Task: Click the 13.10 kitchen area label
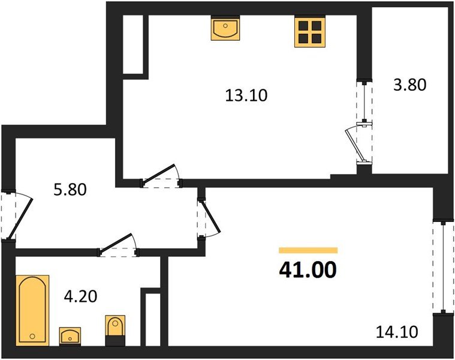[x=246, y=95]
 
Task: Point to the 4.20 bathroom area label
[x=81, y=295]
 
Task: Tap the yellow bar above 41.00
[x=308, y=250]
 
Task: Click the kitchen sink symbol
[x=226, y=29]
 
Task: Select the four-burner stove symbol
[x=309, y=32]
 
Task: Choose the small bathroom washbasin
[x=70, y=335]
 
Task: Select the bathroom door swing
[x=119, y=245]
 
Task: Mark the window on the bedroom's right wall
[x=442, y=266]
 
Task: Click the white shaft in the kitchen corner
[x=135, y=44]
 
